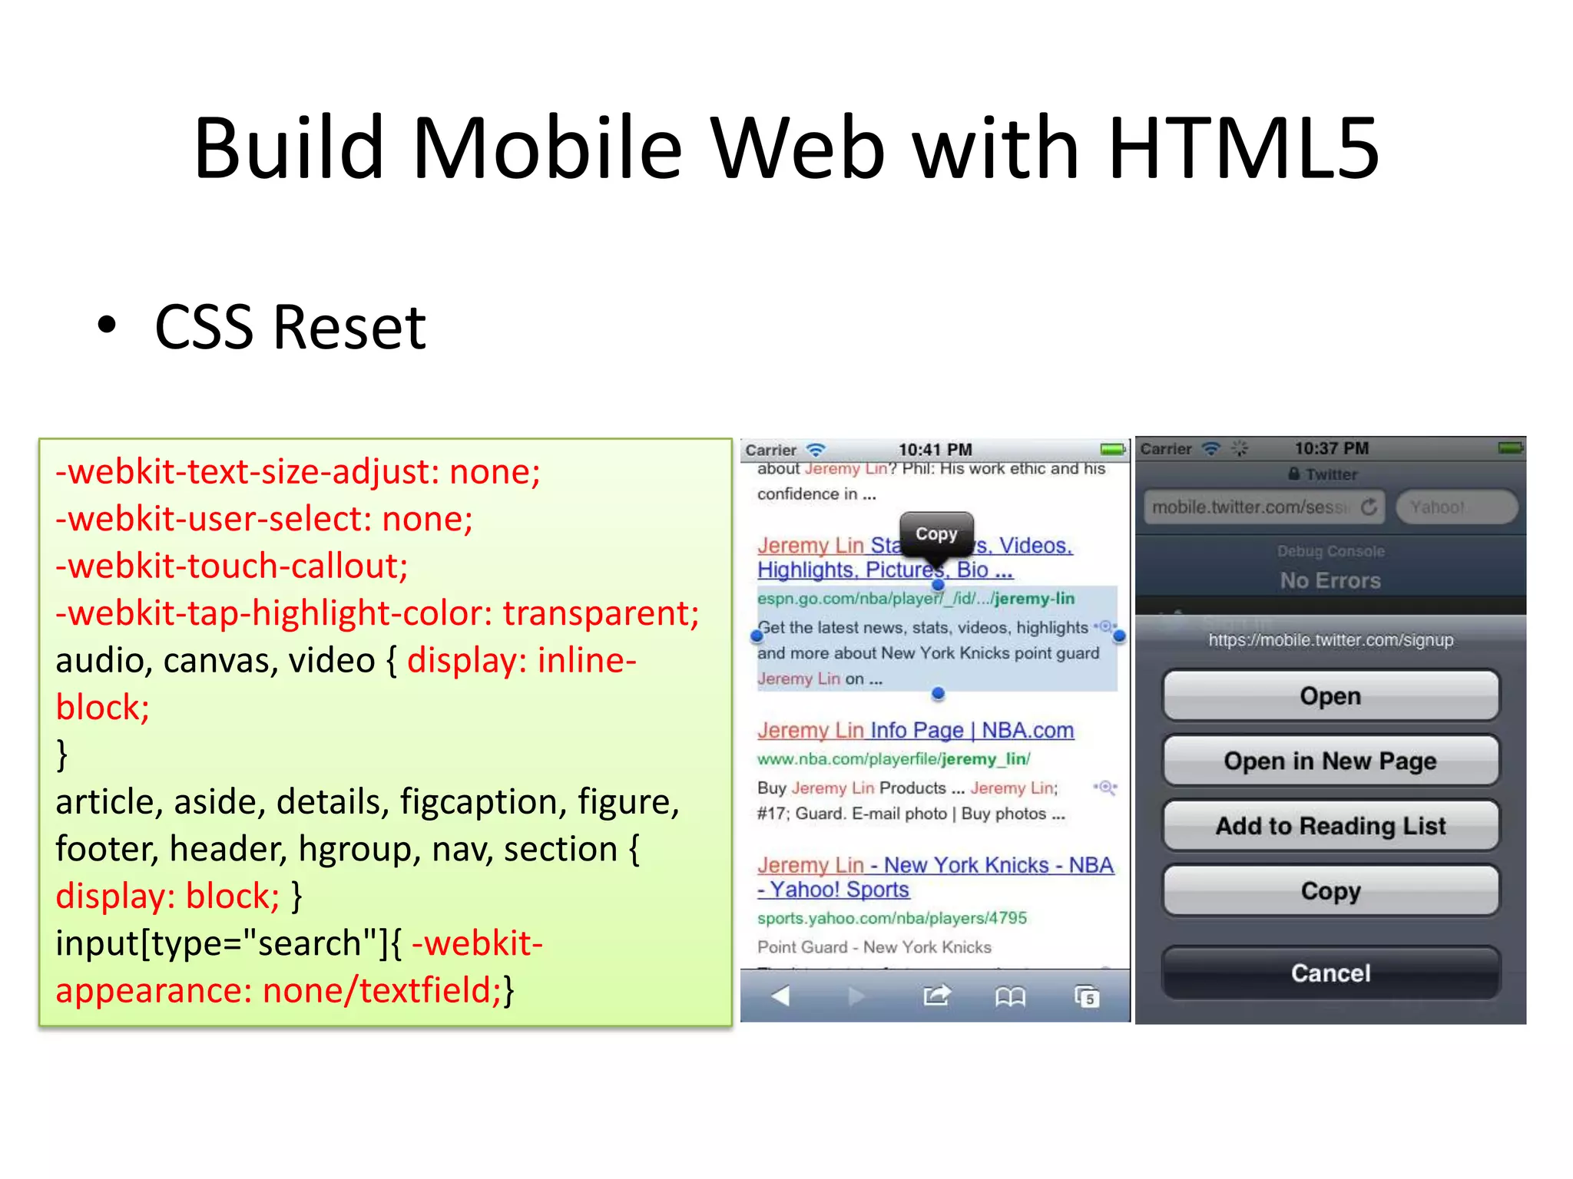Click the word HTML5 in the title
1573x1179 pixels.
(1243, 148)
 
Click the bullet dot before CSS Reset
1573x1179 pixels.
(107, 325)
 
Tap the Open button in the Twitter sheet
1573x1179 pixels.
(1330, 696)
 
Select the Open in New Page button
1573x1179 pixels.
(1330, 761)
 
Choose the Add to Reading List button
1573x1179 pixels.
(1330, 826)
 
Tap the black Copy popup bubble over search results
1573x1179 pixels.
(936, 533)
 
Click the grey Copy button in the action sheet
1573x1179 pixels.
(1330, 890)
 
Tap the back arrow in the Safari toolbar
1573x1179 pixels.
(780, 996)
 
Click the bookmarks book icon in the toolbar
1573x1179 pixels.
(1010, 996)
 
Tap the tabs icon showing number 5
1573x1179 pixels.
(1087, 996)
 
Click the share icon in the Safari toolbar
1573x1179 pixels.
(936, 996)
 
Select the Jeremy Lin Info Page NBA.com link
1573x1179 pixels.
(916, 730)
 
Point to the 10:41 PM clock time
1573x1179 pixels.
(936, 450)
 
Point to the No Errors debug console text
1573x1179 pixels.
(1330, 581)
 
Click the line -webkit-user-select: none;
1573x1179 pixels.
(264, 519)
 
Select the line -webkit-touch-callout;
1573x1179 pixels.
(232, 566)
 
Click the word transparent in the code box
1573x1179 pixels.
(601, 613)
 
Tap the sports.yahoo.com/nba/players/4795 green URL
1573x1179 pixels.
(892, 918)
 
